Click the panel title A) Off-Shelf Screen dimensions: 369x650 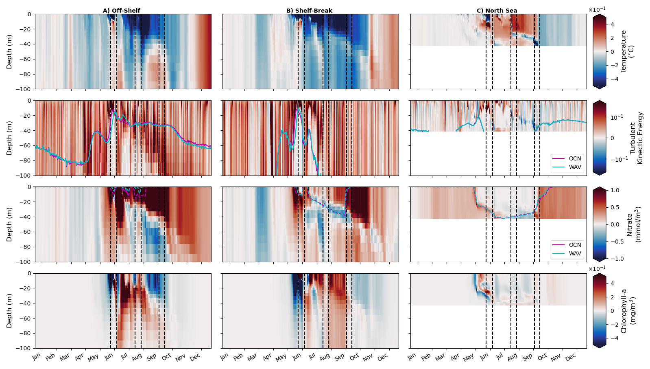pyautogui.click(x=121, y=11)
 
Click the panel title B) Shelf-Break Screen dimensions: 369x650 pyautogui.click(x=309, y=11)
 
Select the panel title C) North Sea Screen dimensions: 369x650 pyautogui.click(x=497, y=11)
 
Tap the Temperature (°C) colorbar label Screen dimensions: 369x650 pyautogui.click(x=627, y=51)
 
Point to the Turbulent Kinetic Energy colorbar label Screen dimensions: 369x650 pyautogui.click(x=636, y=138)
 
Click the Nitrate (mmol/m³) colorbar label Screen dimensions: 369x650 pyautogui.click(x=633, y=224)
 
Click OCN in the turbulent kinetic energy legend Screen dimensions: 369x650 pyautogui.click(x=575, y=158)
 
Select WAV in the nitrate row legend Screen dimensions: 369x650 pyautogui.click(x=575, y=253)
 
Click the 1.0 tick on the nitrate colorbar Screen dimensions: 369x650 pyautogui.click(x=615, y=190)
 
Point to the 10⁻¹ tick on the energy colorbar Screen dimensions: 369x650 pyautogui.click(x=616, y=117)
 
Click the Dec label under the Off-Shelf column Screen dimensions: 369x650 pyautogui.click(x=195, y=357)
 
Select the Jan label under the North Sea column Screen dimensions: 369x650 pyautogui.click(x=412, y=357)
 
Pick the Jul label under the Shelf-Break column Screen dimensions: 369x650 pyautogui.click(x=312, y=356)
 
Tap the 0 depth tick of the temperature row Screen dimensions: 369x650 pyautogui.click(x=29, y=14)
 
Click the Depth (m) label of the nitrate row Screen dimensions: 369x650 pyautogui.click(x=9, y=224)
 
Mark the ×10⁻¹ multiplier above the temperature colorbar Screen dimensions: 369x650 pyautogui.click(x=597, y=10)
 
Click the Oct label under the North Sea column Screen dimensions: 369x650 pyautogui.click(x=542, y=357)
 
